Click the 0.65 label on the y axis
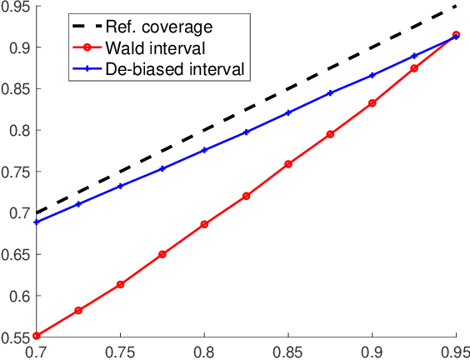[x=15, y=254]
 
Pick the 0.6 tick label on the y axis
[x=18, y=296]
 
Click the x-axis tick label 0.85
[x=288, y=351]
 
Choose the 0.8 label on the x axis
[x=204, y=351]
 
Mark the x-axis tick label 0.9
[x=372, y=351]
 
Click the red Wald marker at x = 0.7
[x=37, y=336]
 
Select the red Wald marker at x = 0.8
[x=204, y=224]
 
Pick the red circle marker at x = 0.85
[x=288, y=164]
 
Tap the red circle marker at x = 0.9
[x=372, y=103]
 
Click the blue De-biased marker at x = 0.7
[x=37, y=222]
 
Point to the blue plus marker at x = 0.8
[x=204, y=150]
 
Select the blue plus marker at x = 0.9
[x=372, y=75]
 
